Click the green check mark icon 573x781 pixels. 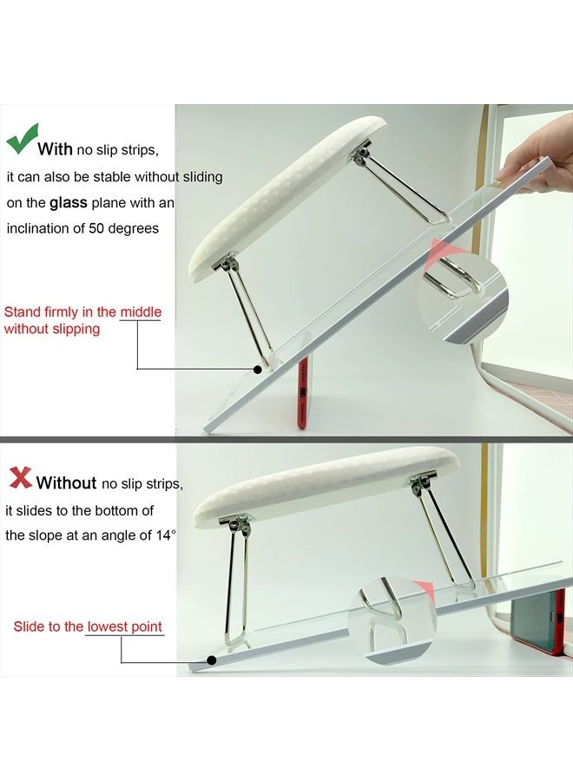(x=22, y=140)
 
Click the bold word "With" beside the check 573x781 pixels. (x=55, y=148)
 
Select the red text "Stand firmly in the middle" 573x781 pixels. (x=83, y=312)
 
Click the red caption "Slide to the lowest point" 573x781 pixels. (x=88, y=626)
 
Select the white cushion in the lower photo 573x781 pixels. (x=330, y=486)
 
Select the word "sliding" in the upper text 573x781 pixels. (x=201, y=176)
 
